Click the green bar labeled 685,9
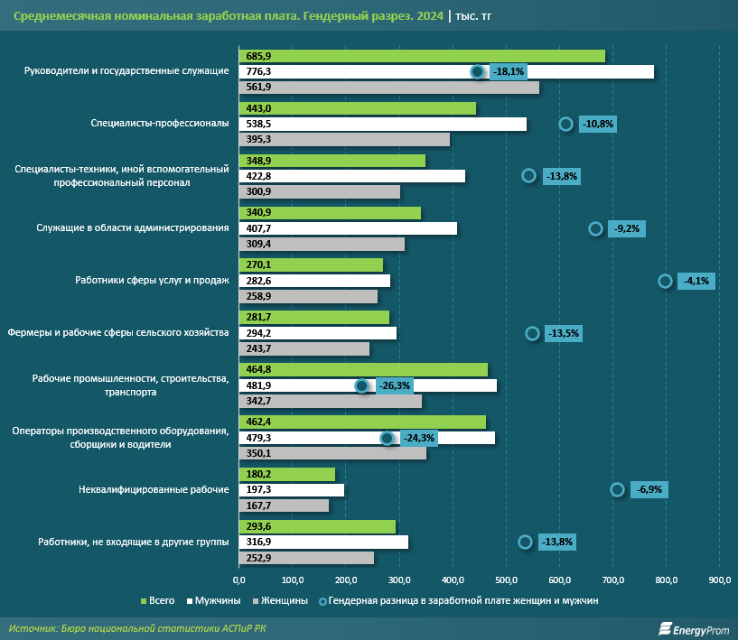pyautogui.click(x=420, y=56)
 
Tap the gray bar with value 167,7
pyautogui.click(x=284, y=506)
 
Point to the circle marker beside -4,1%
pyautogui.click(x=665, y=281)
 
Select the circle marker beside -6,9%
pyautogui.click(x=617, y=489)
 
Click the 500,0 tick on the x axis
pyautogui.click(x=506, y=579)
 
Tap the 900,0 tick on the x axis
pyautogui.click(x=720, y=579)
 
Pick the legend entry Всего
pyautogui.click(x=158, y=599)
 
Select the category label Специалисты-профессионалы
pyautogui.click(x=160, y=124)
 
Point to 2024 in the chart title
pyautogui.click(x=429, y=16)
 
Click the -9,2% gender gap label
pyautogui.click(x=626, y=228)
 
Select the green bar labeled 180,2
pyautogui.click(x=285, y=474)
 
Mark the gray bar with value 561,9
pyautogui.click(x=388, y=88)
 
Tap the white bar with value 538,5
pyautogui.click(x=381, y=124)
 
